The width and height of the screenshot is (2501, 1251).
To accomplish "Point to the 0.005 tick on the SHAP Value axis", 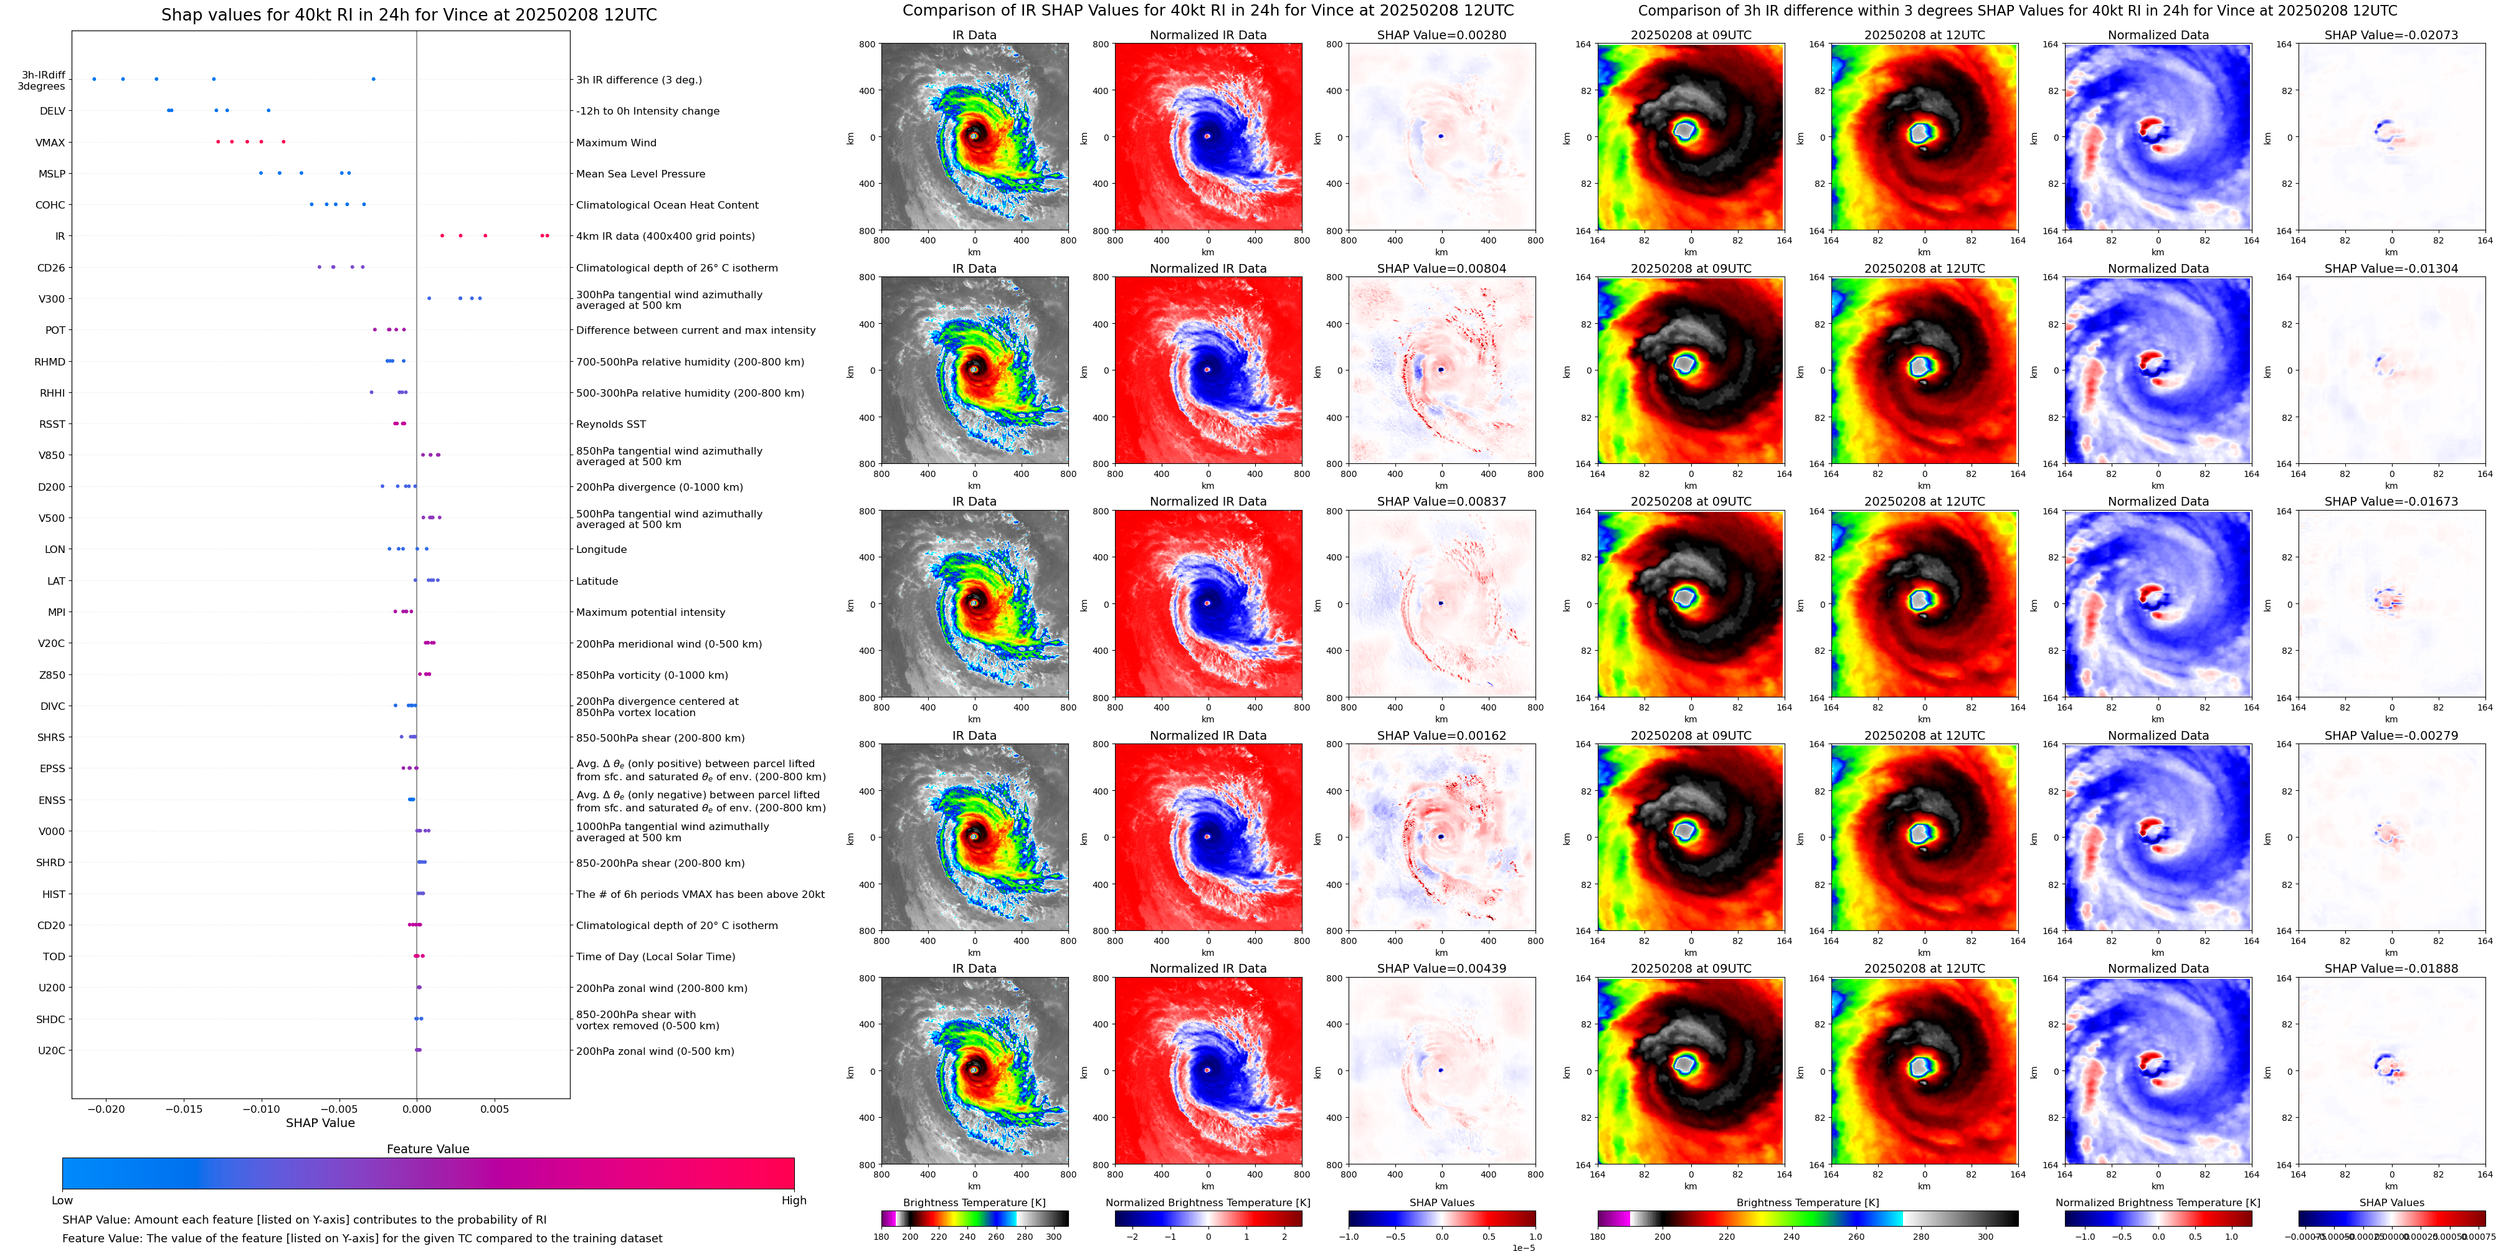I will point(494,1108).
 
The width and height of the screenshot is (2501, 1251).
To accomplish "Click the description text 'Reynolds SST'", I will point(610,424).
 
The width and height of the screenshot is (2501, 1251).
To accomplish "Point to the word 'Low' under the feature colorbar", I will point(62,1201).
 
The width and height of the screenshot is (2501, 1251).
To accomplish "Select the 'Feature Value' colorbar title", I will point(427,1149).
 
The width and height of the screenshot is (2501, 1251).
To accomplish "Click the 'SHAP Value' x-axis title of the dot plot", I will point(320,1123).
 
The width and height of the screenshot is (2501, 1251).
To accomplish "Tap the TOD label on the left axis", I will point(54,957).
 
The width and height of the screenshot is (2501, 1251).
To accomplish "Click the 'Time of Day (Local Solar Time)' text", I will point(655,957).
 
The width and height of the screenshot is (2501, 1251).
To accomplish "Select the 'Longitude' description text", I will point(601,549).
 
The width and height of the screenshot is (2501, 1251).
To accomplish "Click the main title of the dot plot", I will point(408,14).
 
